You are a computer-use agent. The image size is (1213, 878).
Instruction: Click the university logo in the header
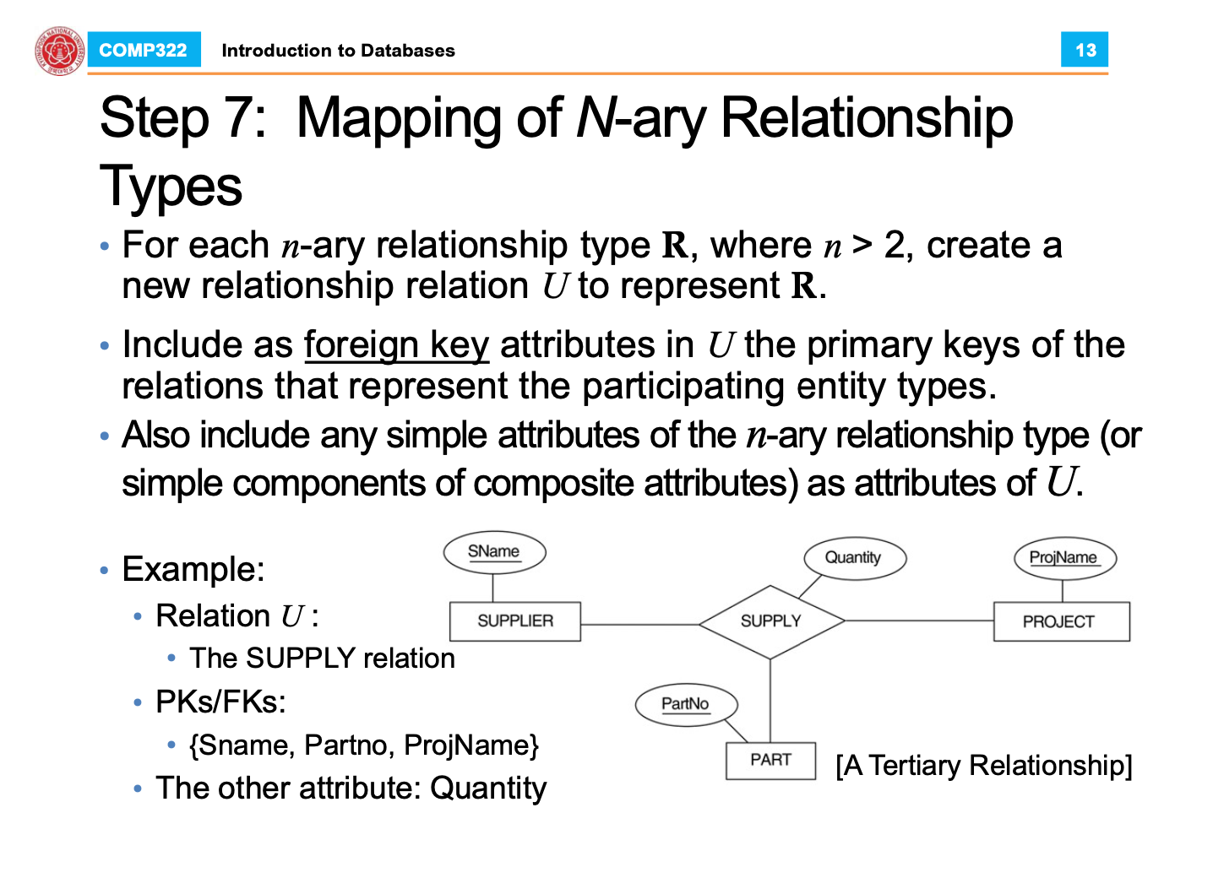click(x=59, y=51)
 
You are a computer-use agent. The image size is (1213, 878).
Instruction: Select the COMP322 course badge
click(x=143, y=51)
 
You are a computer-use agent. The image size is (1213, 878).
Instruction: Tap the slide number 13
click(x=1085, y=51)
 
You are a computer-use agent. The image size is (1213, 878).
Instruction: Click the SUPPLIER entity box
click(x=514, y=621)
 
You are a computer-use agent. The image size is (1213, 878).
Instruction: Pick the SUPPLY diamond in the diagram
click(x=770, y=621)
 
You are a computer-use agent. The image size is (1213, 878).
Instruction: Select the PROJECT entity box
click(x=1060, y=622)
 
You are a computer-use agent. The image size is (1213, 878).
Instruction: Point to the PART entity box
click(x=770, y=760)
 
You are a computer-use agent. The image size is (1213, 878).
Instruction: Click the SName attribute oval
click(x=494, y=552)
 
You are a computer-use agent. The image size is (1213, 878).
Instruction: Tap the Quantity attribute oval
click(x=853, y=558)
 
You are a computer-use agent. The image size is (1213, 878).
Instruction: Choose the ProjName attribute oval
click(x=1064, y=558)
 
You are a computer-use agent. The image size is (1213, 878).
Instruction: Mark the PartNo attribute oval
click(x=686, y=704)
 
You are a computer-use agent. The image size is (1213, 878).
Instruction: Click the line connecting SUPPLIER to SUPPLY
click(x=639, y=624)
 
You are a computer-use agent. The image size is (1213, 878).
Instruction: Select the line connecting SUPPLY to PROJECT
click(x=919, y=621)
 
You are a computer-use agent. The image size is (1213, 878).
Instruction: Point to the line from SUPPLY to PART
click(x=770, y=701)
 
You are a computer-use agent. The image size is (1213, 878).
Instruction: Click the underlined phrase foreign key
click(x=396, y=345)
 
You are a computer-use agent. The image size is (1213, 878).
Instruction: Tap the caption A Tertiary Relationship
click(x=983, y=766)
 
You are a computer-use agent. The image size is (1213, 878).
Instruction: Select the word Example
click(x=193, y=569)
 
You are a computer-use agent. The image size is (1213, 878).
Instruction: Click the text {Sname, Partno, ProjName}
click(x=364, y=745)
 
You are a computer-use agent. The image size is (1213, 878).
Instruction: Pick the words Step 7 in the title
click(x=182, y=118)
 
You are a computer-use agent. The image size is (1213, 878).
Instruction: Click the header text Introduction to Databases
click(x=338, y=51)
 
